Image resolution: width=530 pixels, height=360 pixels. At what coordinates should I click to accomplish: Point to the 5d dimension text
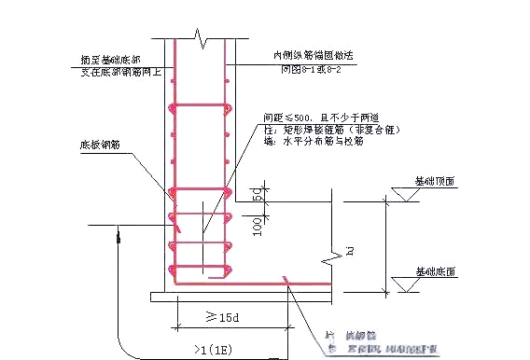pyautogui.click(x=256, y=195)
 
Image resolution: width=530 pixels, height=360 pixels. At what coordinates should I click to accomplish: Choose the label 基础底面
pyautogui.click(x=435, y=271)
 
